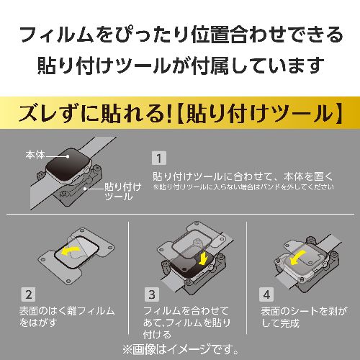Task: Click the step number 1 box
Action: point(159,158)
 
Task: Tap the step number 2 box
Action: point(29,294)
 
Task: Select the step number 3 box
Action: point(152,294)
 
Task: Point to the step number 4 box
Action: point(266,294)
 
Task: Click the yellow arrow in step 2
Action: point(71,250)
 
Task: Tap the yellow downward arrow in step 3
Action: point(204,258)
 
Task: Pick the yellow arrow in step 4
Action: point(297,258)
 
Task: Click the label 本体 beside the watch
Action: point(35,155)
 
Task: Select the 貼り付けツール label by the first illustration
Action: point(123,192)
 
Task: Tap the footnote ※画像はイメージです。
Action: point(181,349)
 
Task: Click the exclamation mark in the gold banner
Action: point(169,113)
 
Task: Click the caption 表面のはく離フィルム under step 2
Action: point(67,311)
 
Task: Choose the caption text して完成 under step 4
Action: point(280,323)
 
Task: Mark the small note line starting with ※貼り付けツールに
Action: point(243,187)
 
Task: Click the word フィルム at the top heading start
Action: point(56,35)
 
